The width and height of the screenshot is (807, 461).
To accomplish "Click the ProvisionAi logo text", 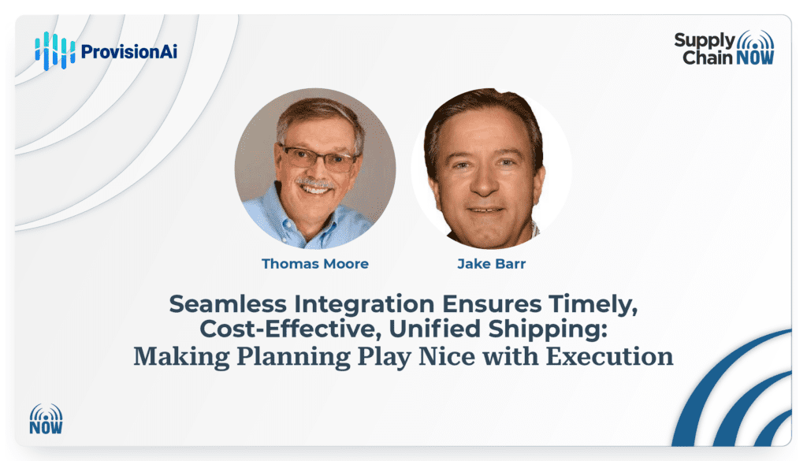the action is click(129, 51).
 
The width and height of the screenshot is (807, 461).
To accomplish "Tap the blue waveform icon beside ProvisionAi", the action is click(55, 51).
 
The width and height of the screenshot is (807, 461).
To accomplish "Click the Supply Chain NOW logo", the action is click(724, 48).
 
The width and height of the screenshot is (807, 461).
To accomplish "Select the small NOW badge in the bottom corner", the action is click(46, 418).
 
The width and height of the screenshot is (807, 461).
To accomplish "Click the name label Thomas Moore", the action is click(315, 264).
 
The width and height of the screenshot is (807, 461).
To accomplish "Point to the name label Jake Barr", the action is click(492, 264).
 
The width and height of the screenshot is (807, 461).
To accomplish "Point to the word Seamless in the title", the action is click(228, 304).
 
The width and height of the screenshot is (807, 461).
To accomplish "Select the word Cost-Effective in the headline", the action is click(291, 329).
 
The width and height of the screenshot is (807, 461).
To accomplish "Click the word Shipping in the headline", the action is click(548, 330).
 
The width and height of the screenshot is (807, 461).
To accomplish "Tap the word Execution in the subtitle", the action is click(609, 356).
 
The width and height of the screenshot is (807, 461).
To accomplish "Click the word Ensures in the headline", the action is click(492, 305).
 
